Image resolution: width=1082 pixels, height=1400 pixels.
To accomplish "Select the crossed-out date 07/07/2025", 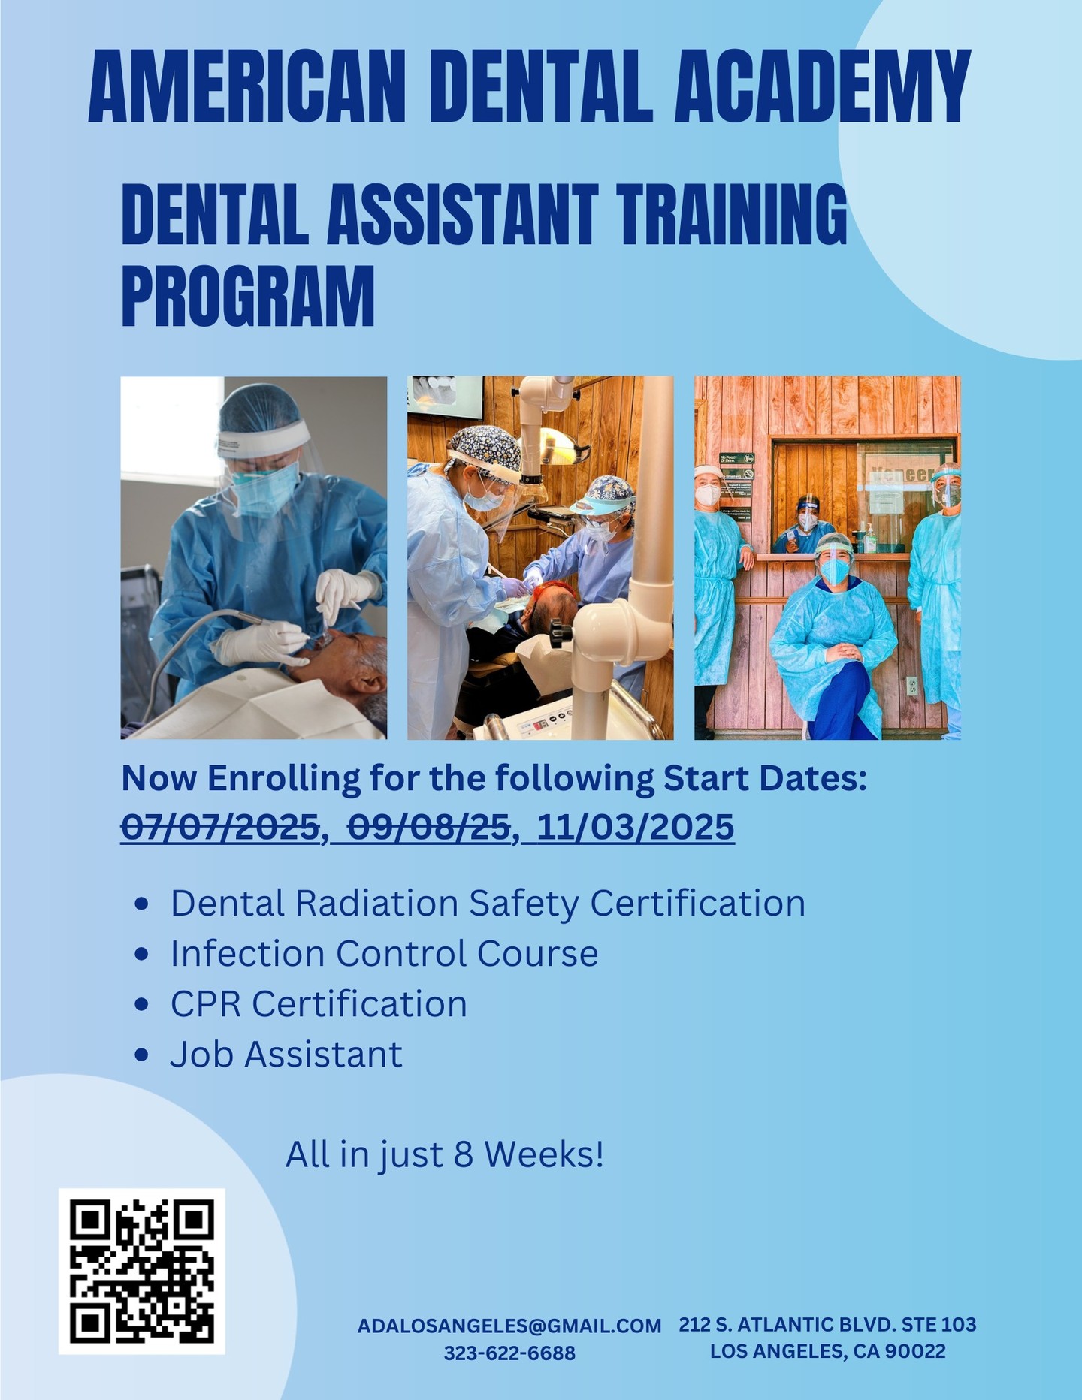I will pyautogui.click(x=221, y=828).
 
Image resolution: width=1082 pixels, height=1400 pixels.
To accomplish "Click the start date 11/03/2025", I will pyautogui.click(x=635, y=828).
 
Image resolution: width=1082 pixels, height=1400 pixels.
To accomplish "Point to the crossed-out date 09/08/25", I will pyautogui.click(x=428, y=828).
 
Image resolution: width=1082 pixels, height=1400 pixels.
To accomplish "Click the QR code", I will pyautogui.click(x=142, y=1271).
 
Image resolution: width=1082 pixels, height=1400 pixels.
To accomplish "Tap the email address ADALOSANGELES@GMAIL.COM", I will pyautogui.click(x=509, y=1326).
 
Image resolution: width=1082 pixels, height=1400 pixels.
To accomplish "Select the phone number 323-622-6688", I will pyautogui.click(x=509, y=1353).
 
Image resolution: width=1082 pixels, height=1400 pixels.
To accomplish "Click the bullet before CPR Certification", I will pyautogui.click(x=141, y=1005).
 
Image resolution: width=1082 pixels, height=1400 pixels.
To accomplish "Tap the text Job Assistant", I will pyautogui.click(x=286, y=1055).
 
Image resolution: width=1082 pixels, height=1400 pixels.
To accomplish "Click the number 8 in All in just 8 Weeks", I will pyautogui.click(x=463, y=1154).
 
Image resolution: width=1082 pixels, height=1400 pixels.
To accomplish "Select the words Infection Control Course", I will pyautogui.click(x=384, y=954).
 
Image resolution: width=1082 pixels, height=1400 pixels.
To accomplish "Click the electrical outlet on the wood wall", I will pyautogui.click(x=911, y=686).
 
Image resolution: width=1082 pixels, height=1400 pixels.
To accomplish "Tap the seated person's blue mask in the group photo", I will pyautogui.click(x=834, y=571).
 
